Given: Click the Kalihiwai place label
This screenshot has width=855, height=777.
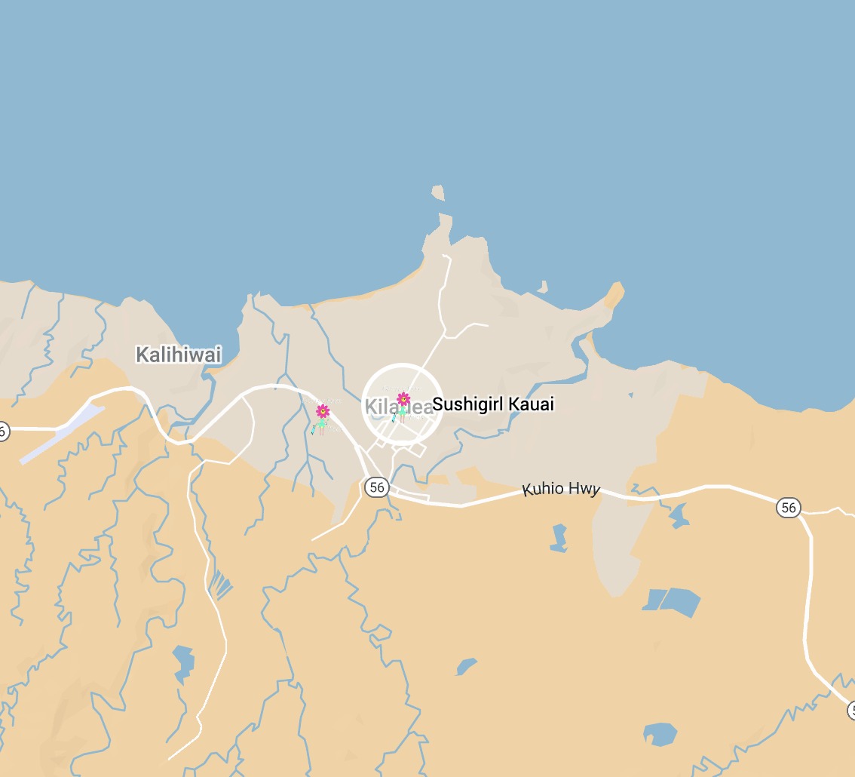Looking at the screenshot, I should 179,355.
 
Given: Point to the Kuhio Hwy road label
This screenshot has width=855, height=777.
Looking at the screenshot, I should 562,489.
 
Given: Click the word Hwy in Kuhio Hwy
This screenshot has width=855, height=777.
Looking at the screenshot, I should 584,490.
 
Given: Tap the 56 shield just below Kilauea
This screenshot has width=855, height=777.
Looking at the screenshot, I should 376,487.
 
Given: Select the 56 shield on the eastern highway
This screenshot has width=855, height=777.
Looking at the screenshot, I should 789,507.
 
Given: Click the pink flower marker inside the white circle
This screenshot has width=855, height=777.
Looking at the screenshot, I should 403,399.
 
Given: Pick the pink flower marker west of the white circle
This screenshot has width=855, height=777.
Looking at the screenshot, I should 323,411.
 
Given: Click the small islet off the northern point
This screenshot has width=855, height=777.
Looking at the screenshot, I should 438,193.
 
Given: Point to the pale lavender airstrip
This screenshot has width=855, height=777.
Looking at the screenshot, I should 63,434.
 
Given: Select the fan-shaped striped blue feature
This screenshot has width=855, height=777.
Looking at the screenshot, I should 219,585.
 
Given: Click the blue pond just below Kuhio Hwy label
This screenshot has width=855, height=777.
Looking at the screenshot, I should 559,538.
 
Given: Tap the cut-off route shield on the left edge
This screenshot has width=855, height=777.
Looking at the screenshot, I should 4,431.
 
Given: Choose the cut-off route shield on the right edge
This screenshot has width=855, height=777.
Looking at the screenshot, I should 851,710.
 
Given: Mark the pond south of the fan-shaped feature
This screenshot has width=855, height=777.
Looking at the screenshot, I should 183,662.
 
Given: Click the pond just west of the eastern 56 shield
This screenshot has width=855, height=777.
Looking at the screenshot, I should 678,516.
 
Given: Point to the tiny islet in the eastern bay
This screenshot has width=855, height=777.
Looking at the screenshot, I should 542,287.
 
